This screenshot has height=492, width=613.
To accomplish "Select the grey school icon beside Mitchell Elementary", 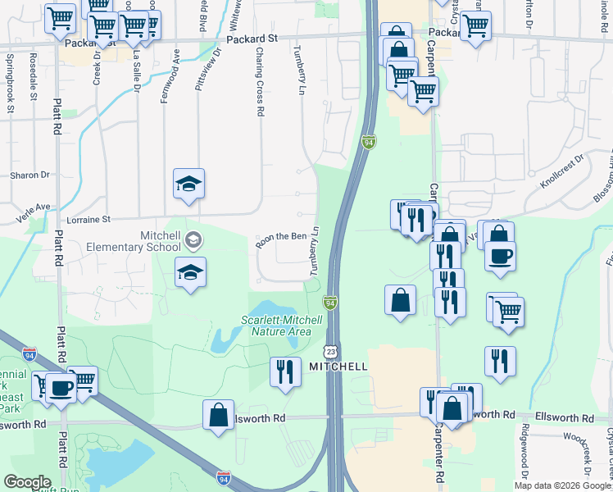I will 193,240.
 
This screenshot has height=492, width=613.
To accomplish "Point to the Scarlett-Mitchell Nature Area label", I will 276,326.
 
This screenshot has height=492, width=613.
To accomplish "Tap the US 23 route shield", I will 330,350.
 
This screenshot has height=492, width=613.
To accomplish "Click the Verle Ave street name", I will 31,207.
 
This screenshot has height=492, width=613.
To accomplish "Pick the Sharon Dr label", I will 30,175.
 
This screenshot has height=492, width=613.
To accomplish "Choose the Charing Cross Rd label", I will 259,80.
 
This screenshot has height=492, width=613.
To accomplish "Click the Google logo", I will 28,482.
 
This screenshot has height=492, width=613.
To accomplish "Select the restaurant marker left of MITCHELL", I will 284,372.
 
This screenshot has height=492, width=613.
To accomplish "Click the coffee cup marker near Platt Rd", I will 61,387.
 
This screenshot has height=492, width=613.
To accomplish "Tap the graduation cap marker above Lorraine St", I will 188,184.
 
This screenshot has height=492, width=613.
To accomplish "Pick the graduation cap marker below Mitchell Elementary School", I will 190,273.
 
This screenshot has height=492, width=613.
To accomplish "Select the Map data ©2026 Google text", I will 562,485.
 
